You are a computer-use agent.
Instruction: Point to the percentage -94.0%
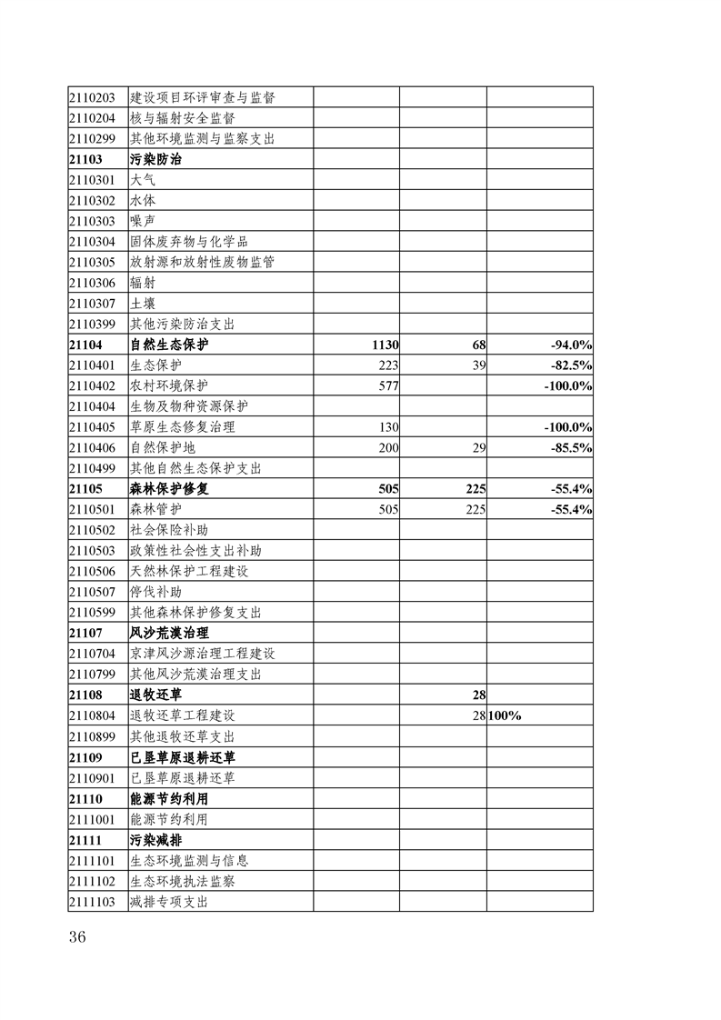click(571, 345)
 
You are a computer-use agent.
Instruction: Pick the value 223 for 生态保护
click(389, 365)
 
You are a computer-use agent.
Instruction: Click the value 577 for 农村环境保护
click(389, 385)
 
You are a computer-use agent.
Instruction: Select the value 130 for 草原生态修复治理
click(389, 427)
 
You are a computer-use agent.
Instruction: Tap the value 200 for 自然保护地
click(389, 447)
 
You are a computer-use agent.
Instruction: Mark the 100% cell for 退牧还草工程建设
click(505, 715)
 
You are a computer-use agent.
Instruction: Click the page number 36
click(76, 938)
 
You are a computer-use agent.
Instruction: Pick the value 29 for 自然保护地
click(478, 447)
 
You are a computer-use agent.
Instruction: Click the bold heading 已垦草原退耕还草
click(183, 757)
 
